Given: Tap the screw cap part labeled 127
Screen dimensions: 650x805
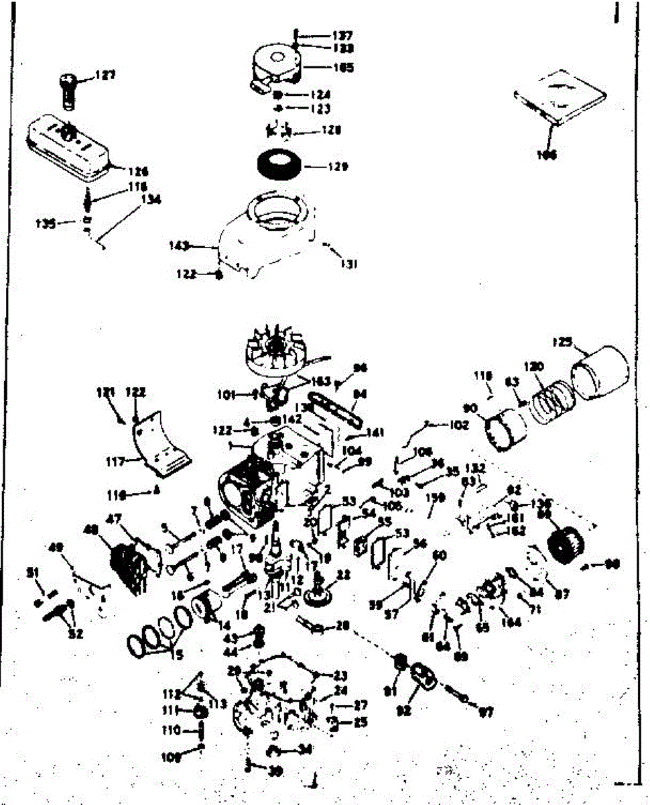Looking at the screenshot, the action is coord(68,88).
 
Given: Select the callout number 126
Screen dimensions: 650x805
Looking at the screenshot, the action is coord(139,172).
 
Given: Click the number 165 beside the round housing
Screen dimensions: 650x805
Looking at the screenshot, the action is coord(342,68).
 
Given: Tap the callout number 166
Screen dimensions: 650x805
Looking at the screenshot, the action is coord(547,156).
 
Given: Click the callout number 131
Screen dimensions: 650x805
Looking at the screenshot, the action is coord(348,264).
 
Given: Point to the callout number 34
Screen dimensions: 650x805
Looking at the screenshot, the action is coord(305,749).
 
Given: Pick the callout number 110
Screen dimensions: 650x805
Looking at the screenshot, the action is coord(171,730).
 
